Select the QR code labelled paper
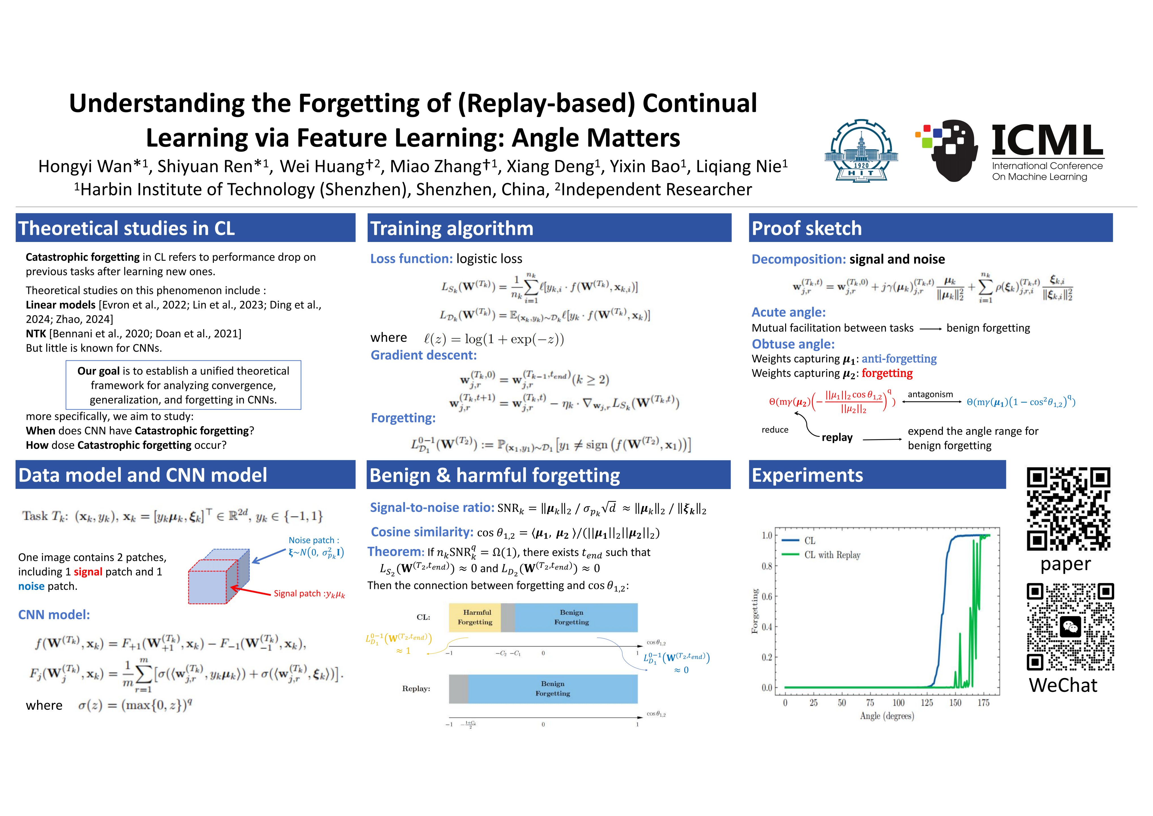pos(1069,509)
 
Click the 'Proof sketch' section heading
pos(807,228)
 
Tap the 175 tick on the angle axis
pos(983,702)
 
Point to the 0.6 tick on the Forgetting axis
pos(767,596)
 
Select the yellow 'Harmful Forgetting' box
pos(475,618)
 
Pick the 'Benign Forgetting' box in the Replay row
pos(553,689)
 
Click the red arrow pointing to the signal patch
pos(251,591)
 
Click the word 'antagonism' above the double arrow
pos(930,394)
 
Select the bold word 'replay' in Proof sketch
pos(837,437)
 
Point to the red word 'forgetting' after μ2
pos(887,373)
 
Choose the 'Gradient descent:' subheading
pos(424,355)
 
